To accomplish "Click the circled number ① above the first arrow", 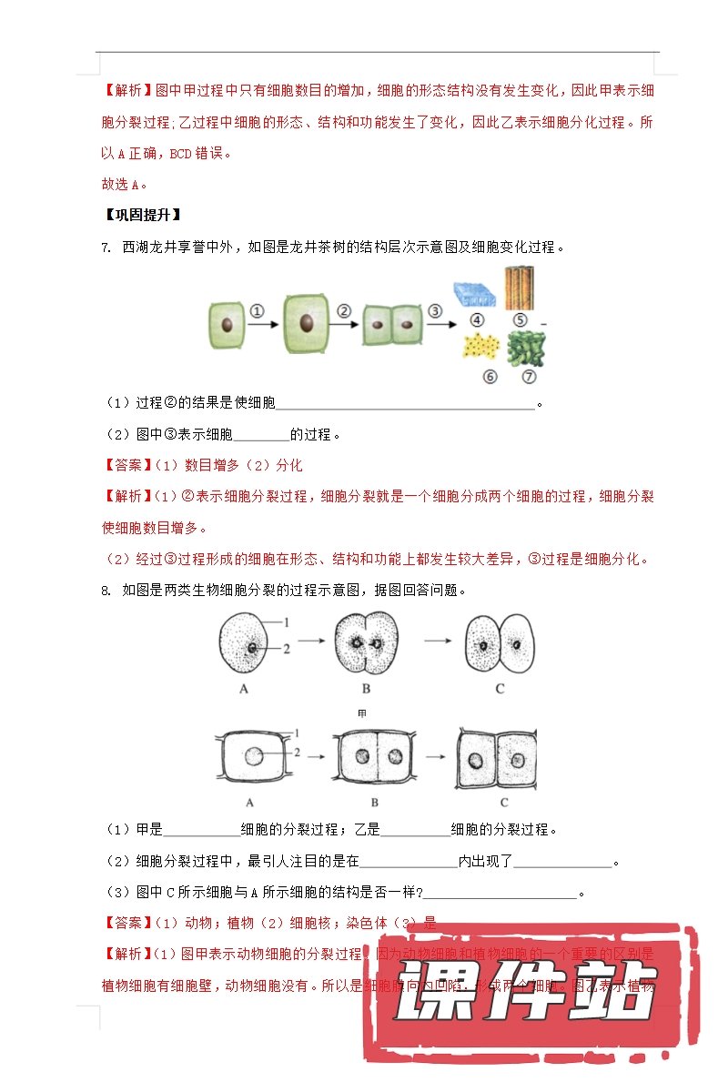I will [258, 310].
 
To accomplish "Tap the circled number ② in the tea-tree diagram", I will [344, 310].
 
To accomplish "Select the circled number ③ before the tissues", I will [435, 310].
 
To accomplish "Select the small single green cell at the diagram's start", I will [227, 325].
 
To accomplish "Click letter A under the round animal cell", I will [244, 690].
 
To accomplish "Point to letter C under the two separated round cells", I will [500, 690].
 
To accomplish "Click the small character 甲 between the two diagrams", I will [364, 713].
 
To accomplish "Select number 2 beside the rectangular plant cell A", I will [296, 753].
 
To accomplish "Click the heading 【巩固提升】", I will [142, 216].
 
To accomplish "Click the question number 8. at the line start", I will [106, 591].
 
